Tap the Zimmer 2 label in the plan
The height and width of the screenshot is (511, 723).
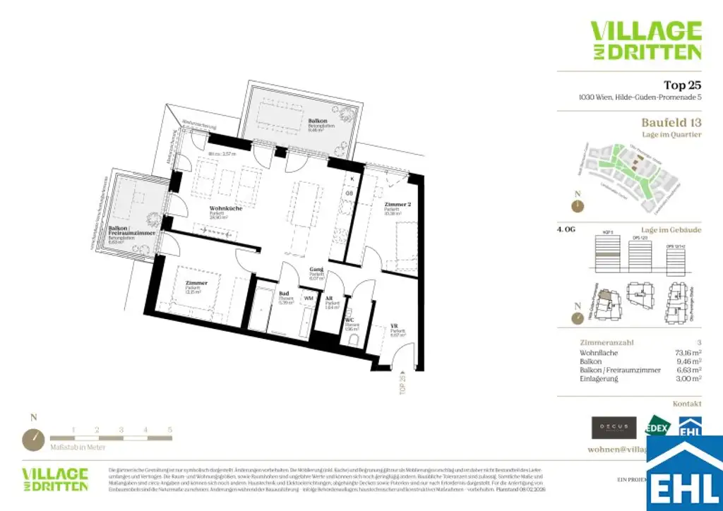pyautogui.click(x=398, y=204)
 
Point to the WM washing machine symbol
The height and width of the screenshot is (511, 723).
pyautogui.click(x=308, y=299)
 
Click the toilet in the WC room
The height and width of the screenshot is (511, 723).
pyautogui.click(x=352, y=339)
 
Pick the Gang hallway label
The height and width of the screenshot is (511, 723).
pyautogui.click(x=316, y=270)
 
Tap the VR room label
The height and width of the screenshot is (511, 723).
pyautogui.click(x=395, y=327)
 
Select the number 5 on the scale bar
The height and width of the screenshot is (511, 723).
pyautogui.click(x=169, y=429)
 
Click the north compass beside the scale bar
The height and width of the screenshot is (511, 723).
pyautogui.click(x=33, y=439)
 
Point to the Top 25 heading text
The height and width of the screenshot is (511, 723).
pyautogui.click(x=682, y=86)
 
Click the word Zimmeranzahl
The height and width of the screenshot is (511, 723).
pyautogui.click(x=607, y=342)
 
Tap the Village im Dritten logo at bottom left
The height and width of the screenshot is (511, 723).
pyautogui.click(x=55, y=479)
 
